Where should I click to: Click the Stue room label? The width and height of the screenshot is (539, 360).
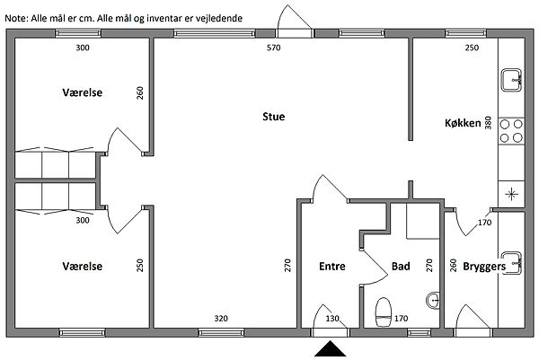point(274,117)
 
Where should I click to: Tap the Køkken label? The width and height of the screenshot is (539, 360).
point(463,123)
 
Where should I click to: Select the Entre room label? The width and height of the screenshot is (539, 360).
point(332,267)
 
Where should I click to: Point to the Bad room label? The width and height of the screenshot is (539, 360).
point(401,267)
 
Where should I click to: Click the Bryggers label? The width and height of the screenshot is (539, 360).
point(484,267)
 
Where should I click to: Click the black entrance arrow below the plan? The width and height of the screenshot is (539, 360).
point(330,348)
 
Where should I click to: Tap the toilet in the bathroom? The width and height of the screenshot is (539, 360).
point(384,312)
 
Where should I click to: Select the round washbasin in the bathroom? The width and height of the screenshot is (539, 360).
point(433,301)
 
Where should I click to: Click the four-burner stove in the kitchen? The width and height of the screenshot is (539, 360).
point(511,130)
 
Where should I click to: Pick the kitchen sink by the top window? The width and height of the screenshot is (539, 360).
point(511,80)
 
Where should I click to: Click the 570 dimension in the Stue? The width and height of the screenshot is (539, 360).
point(274,48)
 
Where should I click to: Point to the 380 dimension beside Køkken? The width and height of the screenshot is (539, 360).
point(488,123)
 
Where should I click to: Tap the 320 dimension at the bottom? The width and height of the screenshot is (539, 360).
point(221,319)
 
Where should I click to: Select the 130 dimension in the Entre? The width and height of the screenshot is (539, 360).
point(332,319)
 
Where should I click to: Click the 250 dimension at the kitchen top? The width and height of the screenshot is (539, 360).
point(472,48)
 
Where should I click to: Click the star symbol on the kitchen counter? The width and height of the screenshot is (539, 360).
point(511,194)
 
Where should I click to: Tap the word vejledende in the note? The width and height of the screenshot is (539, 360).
point(219,18)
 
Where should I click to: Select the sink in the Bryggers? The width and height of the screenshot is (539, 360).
point(511,263)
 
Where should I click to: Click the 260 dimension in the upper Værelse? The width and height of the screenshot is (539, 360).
point(140,93)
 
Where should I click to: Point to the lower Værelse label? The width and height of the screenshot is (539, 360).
point(83,267)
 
